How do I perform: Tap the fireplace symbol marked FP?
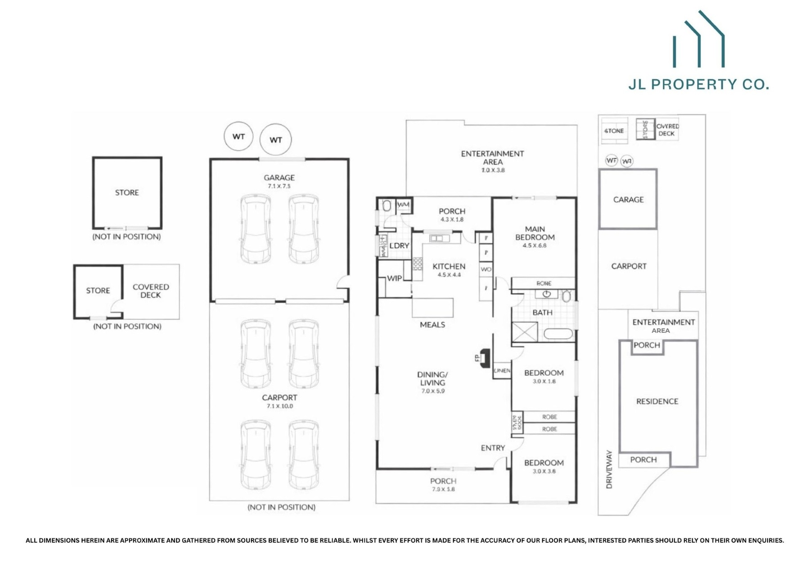(x=484, y=358)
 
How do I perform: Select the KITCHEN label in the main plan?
(x=449, y=266)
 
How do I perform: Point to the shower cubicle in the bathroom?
(x=525, y=332)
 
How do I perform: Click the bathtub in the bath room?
(x=558, y=334)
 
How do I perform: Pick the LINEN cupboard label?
(x=502, y=371)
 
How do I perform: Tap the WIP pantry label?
(x=394, y=278)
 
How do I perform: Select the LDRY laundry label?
(x=399, y=246)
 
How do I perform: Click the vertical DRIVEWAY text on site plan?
(x=609, y=469)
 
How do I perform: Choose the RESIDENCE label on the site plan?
(x=657, y=401)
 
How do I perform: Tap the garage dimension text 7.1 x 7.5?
(x=279, y=186)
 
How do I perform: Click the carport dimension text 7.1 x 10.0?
(x=279, y=406)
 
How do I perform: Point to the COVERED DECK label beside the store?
(x=151, y=291)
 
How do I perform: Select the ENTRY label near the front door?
(x=493, y=448)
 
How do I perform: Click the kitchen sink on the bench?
(x=439, y=238)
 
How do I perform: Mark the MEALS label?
(x=432, y=324)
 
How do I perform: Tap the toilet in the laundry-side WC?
(x=387, y=206)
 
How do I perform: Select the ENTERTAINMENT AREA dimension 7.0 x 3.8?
(x=493, y=170)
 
